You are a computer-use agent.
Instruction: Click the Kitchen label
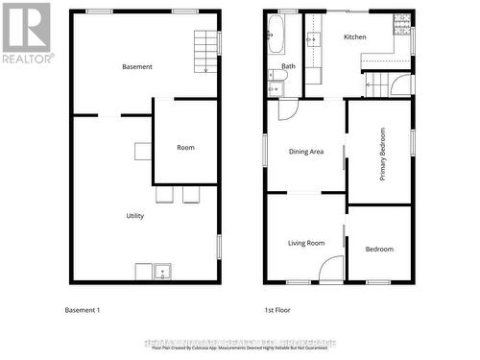point(355,36)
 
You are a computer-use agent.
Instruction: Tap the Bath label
point(288,66)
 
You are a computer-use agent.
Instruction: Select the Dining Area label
point(306,152)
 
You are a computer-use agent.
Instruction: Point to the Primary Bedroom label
point(383,154)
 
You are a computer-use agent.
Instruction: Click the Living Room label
point(306,243)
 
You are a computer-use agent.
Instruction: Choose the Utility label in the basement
point(135,216)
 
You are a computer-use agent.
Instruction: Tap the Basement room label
point(137,66)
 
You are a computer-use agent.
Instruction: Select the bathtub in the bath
point(276,36)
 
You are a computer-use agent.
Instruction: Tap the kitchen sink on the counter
point(313,39)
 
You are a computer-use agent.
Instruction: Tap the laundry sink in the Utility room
point(162,272)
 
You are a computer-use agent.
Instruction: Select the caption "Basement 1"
point(82,310)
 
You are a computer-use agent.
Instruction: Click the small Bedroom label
point(379,250)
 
